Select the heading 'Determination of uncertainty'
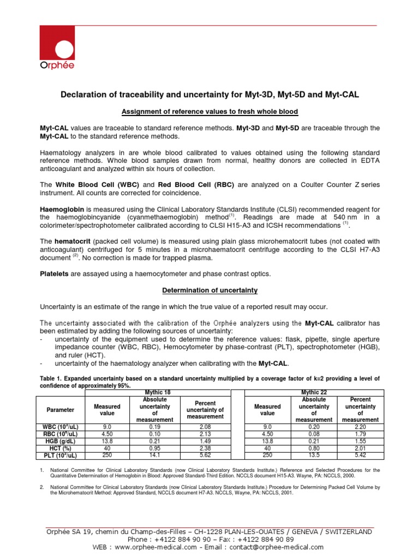[209, 290]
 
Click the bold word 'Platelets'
[55, 274]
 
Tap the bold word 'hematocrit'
[73, 241]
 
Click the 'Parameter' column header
[61, 409]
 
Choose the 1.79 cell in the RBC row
[360, 434]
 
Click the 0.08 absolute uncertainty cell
[314, 434]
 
